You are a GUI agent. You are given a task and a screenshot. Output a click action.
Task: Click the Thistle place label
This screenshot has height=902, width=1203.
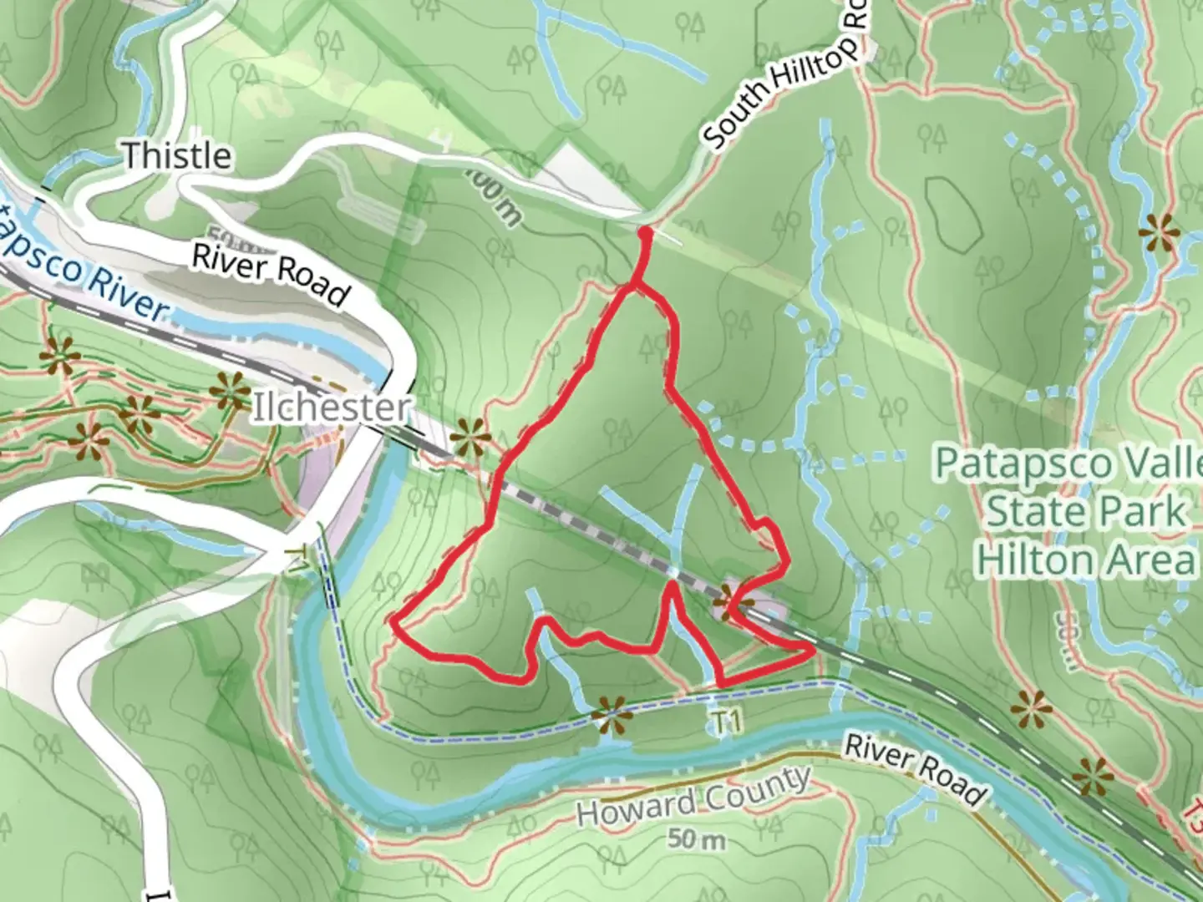[176, 155]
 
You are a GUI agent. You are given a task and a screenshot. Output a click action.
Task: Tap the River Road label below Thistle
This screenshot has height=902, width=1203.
[270, 274]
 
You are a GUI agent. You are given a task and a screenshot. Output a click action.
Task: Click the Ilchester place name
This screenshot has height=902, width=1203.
[332, 408]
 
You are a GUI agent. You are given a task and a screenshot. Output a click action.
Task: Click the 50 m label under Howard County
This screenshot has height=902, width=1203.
[696, 839]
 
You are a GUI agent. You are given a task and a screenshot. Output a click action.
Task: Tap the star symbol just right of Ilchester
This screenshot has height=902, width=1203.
[470, 437]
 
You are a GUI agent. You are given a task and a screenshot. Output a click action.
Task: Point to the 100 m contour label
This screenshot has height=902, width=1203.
[494, 199]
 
